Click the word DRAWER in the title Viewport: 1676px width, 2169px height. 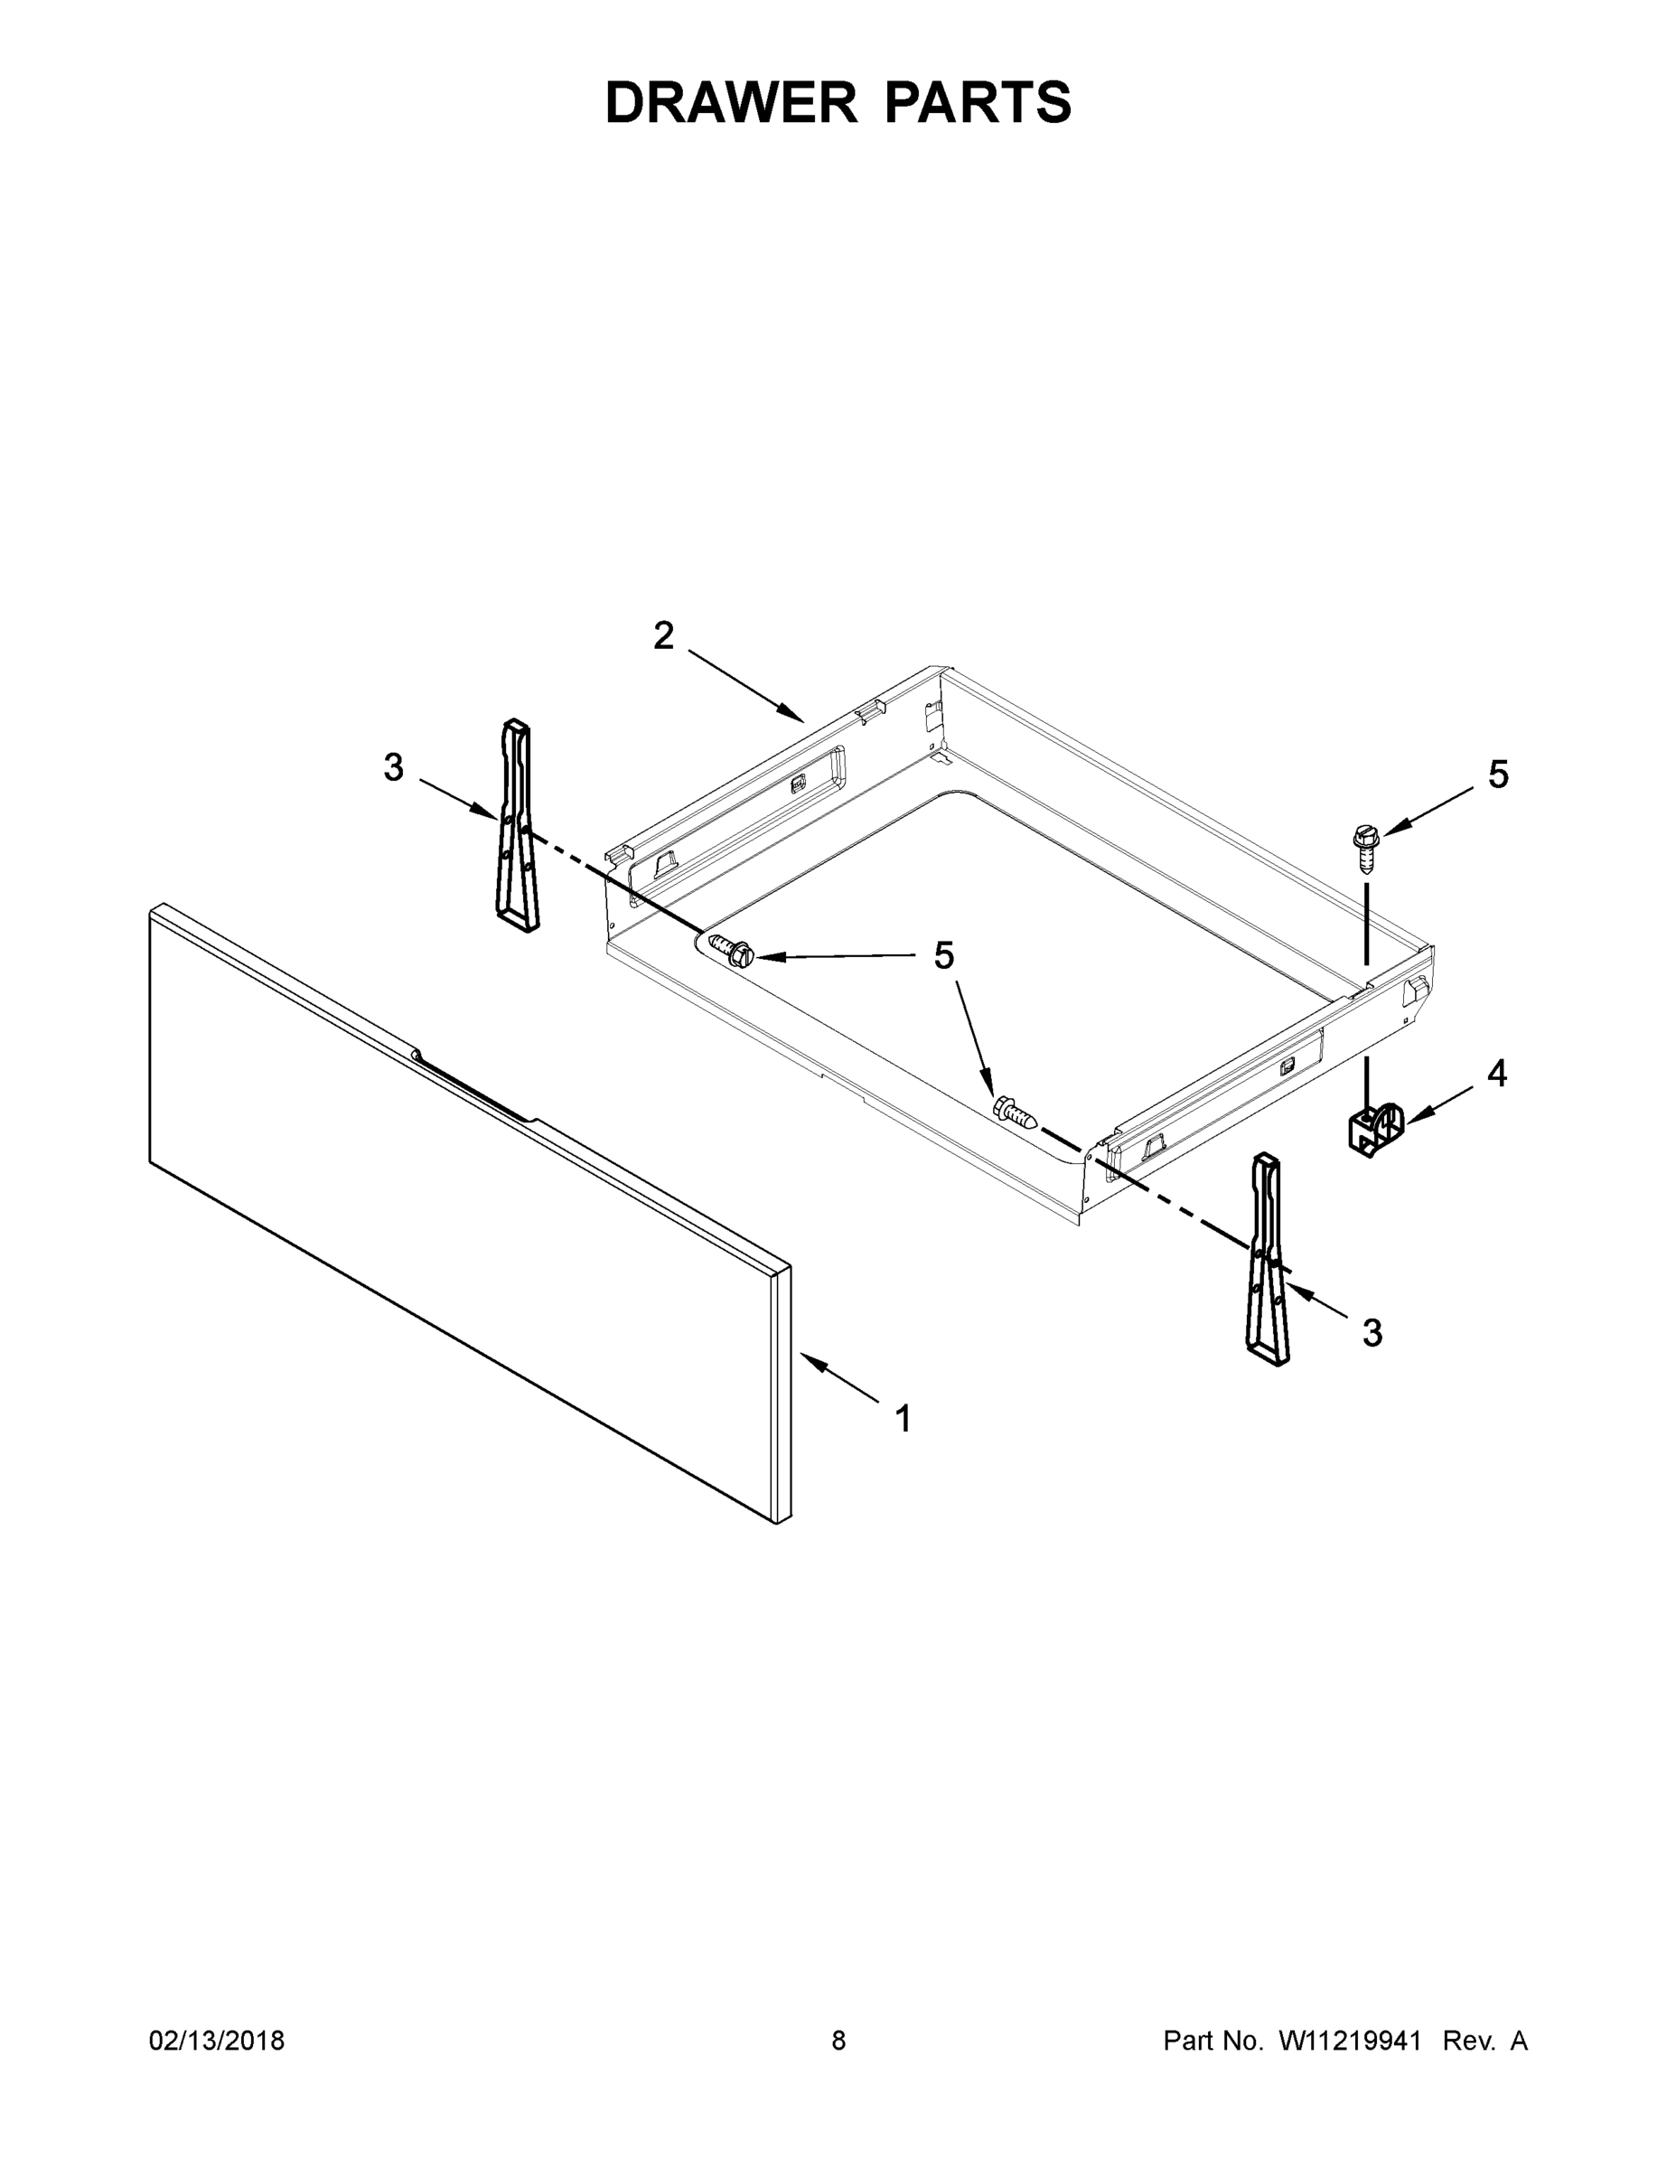click(x=731, y=103)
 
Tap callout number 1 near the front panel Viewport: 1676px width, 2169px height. click(x=903, y=1418)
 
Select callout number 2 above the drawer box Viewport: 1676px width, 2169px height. click(x=663, y=635)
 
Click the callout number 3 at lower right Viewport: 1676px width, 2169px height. click(x=1372, y=1333)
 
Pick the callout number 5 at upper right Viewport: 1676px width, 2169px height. click(x=1497, y=775)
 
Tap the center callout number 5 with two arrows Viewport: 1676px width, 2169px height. click(x=943, y=955)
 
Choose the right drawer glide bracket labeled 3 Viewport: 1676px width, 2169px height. click(x=1267, y=1259)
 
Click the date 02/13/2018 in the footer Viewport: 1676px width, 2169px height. click(x=217, y=2040)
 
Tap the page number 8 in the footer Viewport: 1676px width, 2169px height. click(x=838, y=2040)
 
